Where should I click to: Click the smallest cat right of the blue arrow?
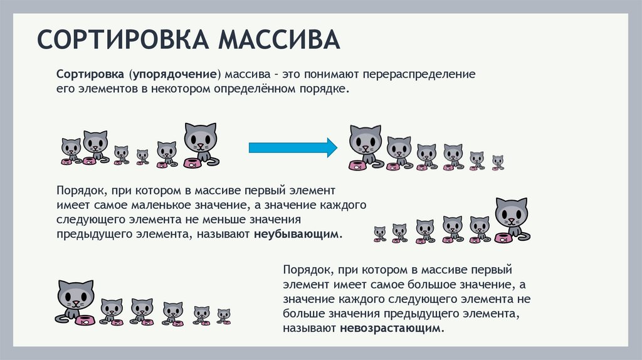tap(497, 161)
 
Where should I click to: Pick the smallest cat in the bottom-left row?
tap(223, 314)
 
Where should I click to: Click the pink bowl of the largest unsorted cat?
tap(193, 164)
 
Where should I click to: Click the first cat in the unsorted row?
tap(71, 150)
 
